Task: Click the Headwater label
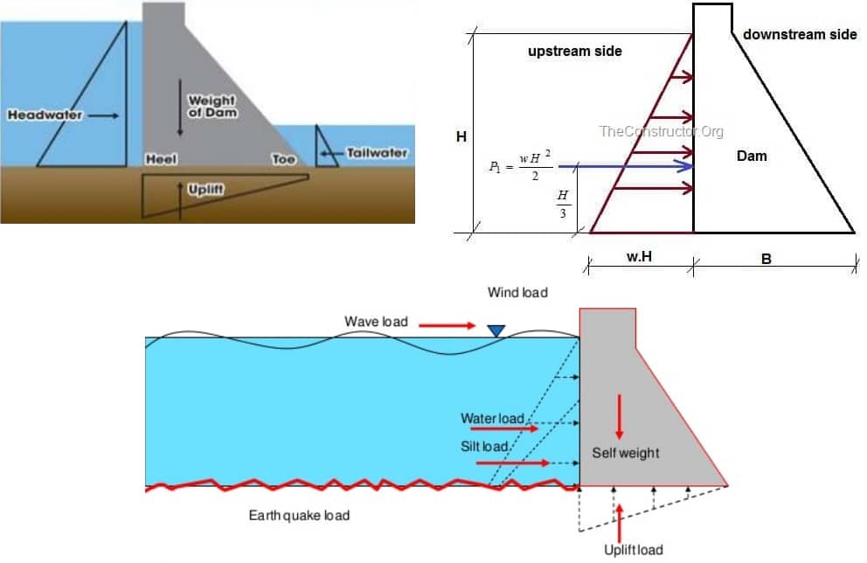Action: (45, 115)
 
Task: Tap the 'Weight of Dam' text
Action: (212, 107)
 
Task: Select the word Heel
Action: (160, 160)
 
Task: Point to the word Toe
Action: (283, 160)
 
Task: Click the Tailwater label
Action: (377, 153)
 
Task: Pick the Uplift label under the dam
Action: (206, 189)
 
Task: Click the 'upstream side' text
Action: (574, 52)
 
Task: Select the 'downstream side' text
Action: (800, 34)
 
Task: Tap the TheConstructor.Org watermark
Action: (661, 131)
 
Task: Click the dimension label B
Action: (766, 259)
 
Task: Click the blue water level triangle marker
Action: (496, 330)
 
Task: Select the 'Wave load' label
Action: (376, 322)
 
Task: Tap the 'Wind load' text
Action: (517, 292)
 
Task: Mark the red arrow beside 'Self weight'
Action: (620, 417)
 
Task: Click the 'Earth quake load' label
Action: (299, 515)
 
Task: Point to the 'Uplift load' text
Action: (633, 550)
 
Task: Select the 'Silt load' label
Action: (485, 447)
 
